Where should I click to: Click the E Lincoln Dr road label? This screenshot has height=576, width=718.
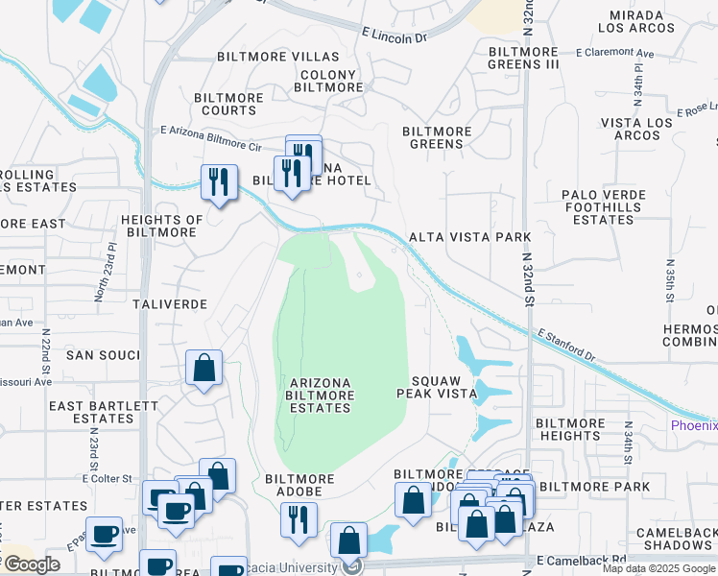394,36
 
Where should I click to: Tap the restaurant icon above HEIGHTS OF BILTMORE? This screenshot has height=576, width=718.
219,182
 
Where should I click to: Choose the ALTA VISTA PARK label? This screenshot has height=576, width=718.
469,236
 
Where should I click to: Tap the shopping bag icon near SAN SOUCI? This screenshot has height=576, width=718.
204,368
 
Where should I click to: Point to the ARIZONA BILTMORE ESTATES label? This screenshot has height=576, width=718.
321,395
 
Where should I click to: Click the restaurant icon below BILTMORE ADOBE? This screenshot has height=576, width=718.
299,520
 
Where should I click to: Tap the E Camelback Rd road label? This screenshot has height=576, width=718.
580,559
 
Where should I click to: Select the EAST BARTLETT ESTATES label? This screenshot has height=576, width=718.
104,412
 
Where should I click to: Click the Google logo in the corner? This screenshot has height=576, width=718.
31,564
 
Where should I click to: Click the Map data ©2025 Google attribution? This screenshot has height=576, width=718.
658,568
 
